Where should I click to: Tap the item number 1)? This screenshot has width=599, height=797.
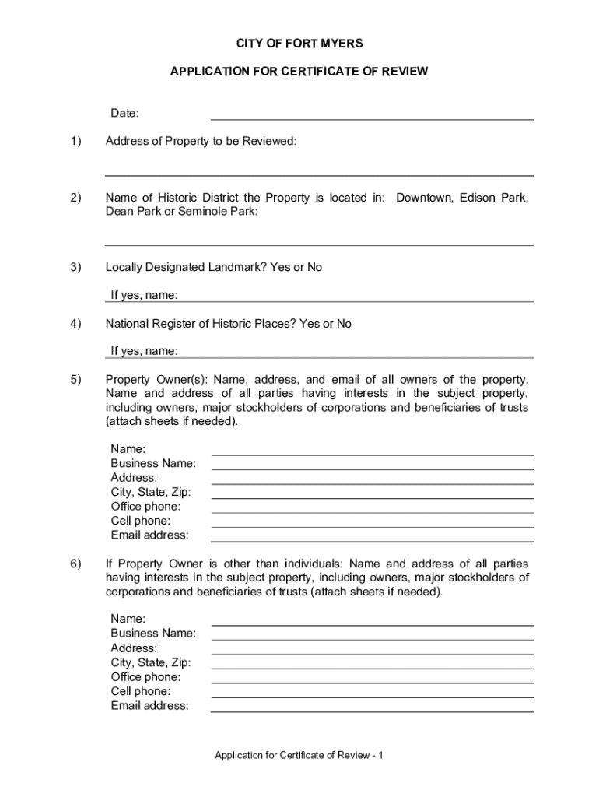(75, 142)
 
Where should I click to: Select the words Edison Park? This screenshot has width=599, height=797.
(494, 198)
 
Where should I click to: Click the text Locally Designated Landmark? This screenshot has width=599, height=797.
(186, 268)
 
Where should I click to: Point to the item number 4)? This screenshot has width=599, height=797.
(75, 324)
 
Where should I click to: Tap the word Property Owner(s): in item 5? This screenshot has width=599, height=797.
(156, 380)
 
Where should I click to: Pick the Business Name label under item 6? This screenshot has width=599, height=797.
(153, 634)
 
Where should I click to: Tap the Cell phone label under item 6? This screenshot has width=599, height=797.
(141, 691)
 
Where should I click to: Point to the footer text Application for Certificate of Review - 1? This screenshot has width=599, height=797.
(299, 756)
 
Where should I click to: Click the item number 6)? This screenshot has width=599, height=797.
(75, 564)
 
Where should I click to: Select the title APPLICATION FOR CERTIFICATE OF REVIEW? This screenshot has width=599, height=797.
(299, 72)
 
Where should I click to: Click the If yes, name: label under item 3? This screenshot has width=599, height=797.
(144, 296)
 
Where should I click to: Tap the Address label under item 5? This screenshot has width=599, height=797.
(134, 478)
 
